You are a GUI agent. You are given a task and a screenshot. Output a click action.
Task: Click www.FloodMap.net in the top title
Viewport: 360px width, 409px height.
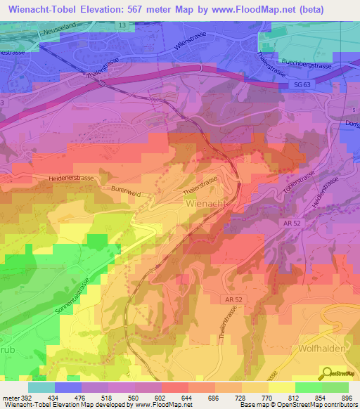269,10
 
